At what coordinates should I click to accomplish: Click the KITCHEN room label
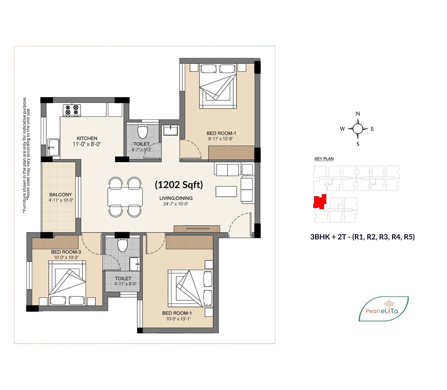87,138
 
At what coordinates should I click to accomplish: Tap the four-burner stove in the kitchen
72,110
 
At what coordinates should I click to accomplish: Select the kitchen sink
53,147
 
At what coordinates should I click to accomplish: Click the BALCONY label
61,195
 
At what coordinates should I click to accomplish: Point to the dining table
125,197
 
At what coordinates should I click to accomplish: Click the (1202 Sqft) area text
179,185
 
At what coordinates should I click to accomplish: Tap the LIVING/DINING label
176,198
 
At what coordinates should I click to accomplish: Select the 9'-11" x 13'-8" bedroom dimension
221,139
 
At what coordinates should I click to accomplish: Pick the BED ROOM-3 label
66,252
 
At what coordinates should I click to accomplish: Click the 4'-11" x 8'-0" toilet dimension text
125,284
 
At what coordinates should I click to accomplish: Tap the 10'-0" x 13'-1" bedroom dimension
178,319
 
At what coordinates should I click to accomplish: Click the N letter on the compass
358,114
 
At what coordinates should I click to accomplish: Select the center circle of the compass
358,128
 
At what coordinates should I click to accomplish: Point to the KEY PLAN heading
324,159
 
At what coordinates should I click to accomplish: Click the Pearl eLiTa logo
383,309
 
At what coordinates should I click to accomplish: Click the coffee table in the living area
226,191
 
